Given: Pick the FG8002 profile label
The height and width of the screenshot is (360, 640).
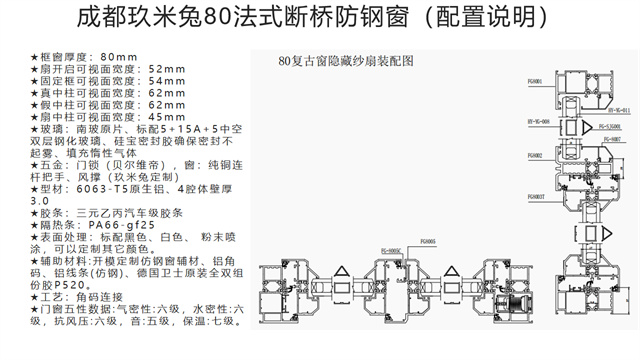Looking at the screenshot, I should tap(537, 156).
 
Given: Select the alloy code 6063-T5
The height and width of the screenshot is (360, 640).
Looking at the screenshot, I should tap(94, 188).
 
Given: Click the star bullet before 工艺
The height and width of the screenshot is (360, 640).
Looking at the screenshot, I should tap(35, 298).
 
